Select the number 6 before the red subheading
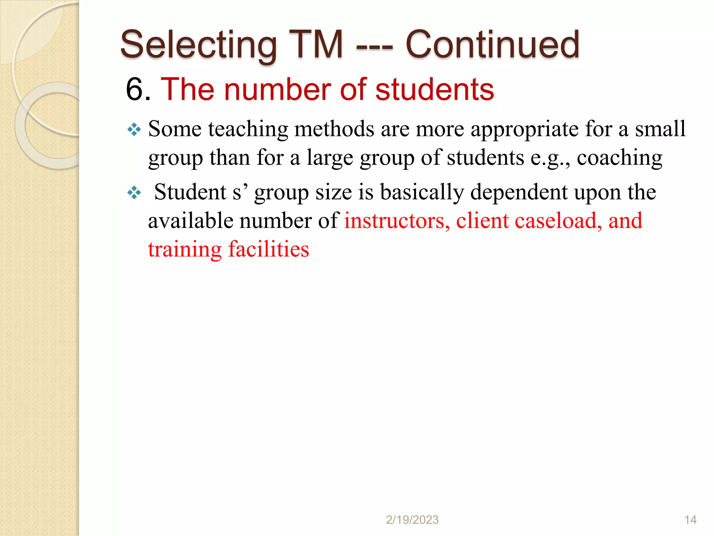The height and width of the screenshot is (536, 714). (134, 90)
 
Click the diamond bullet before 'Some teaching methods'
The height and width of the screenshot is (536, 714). (134, 130)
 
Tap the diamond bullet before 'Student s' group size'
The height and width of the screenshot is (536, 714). (134, 193)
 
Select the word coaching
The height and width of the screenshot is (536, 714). (620, 158)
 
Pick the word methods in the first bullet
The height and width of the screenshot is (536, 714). (334, 129)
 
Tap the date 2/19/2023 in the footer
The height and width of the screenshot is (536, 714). (412, 520)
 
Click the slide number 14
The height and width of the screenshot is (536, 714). (690, 520)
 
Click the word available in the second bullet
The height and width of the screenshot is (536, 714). (191, 221)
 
